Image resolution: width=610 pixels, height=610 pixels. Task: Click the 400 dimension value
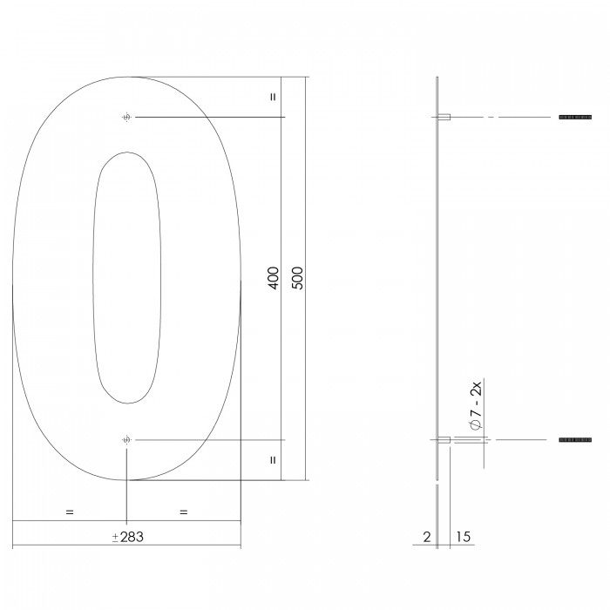tap(274, 278)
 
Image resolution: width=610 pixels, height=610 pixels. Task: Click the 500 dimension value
tap(297, 278)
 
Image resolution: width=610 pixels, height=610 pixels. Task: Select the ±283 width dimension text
tap(128, 537)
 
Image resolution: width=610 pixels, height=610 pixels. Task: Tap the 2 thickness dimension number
tap(427, 537)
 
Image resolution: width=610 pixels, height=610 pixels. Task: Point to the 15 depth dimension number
tap(463, 537)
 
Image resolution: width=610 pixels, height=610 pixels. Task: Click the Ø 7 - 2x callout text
tap(476, 406)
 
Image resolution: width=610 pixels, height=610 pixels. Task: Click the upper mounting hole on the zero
tap(126, 117)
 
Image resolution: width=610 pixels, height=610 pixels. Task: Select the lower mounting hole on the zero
tap(126, 439)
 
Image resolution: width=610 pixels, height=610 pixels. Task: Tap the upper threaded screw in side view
tap(575, 117)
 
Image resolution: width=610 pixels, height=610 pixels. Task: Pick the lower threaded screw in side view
tap(575, 439)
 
